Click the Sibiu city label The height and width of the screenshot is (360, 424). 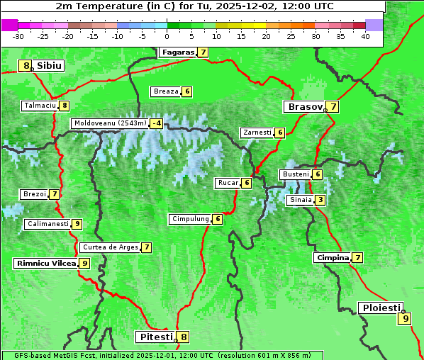(50, 66)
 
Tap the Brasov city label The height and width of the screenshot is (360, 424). (303, 107)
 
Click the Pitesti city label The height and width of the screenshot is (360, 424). (155, 337)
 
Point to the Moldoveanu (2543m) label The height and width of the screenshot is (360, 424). (109, 123)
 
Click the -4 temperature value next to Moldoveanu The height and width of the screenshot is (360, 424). (156, 123)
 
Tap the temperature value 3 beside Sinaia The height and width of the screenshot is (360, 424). (320, 200)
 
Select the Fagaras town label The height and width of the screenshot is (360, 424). (177, 52)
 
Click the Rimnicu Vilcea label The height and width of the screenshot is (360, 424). (45, 263)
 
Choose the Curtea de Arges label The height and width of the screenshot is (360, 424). (109, 247)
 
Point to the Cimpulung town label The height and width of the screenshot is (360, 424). (190, 219)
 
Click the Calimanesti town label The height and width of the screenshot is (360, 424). (48, 224)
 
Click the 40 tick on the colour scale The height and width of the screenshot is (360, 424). (365, 37)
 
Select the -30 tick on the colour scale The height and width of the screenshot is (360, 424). (18, 37)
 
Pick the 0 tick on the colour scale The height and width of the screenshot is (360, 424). (167, 37)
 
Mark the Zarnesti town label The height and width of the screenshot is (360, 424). (257, 133)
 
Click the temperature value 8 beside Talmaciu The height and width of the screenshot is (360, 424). (65, 106)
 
